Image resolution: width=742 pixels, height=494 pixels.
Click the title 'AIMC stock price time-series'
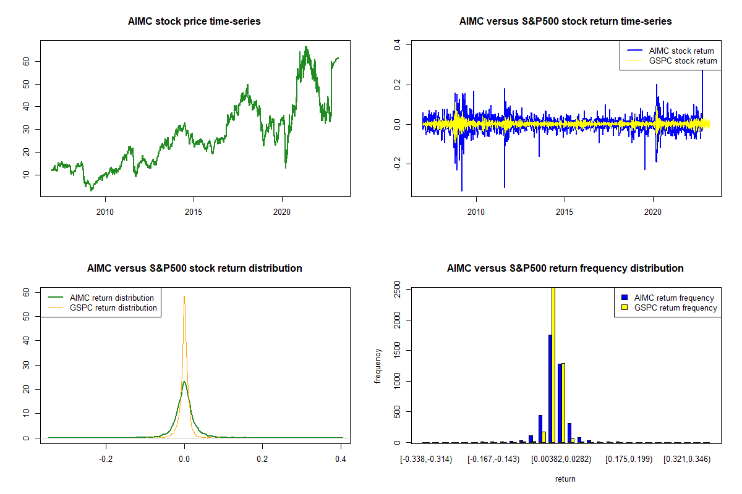194,22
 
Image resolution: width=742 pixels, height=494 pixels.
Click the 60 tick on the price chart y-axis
27,61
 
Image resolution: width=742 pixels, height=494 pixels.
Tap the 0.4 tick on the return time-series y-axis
398,44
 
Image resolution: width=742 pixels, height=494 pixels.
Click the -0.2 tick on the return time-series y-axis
398,164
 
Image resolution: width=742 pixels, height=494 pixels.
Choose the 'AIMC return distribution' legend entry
112,298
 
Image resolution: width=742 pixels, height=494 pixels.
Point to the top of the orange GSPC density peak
184,297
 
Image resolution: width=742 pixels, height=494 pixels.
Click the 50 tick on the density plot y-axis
27,316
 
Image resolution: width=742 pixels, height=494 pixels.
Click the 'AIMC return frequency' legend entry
674,298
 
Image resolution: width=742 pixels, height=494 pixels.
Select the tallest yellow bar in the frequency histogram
553,364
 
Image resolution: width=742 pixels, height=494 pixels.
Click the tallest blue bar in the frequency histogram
550,389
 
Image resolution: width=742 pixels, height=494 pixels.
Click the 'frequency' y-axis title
378,366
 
